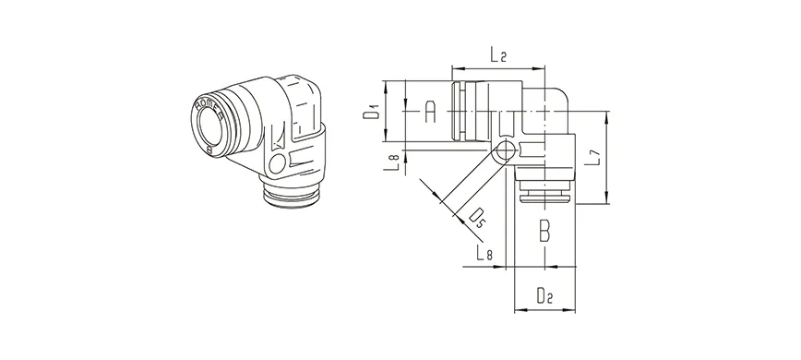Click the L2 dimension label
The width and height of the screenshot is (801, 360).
coord(498,55)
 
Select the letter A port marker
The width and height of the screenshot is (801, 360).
coord(428,113)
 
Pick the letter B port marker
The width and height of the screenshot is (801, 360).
coord(544,230)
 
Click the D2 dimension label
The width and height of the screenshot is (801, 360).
coord(544,297)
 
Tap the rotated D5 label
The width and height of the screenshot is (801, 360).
coord(477,218)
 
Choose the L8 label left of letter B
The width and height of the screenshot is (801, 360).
coord(483,253)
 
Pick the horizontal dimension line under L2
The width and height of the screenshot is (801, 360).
coord(498,67)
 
